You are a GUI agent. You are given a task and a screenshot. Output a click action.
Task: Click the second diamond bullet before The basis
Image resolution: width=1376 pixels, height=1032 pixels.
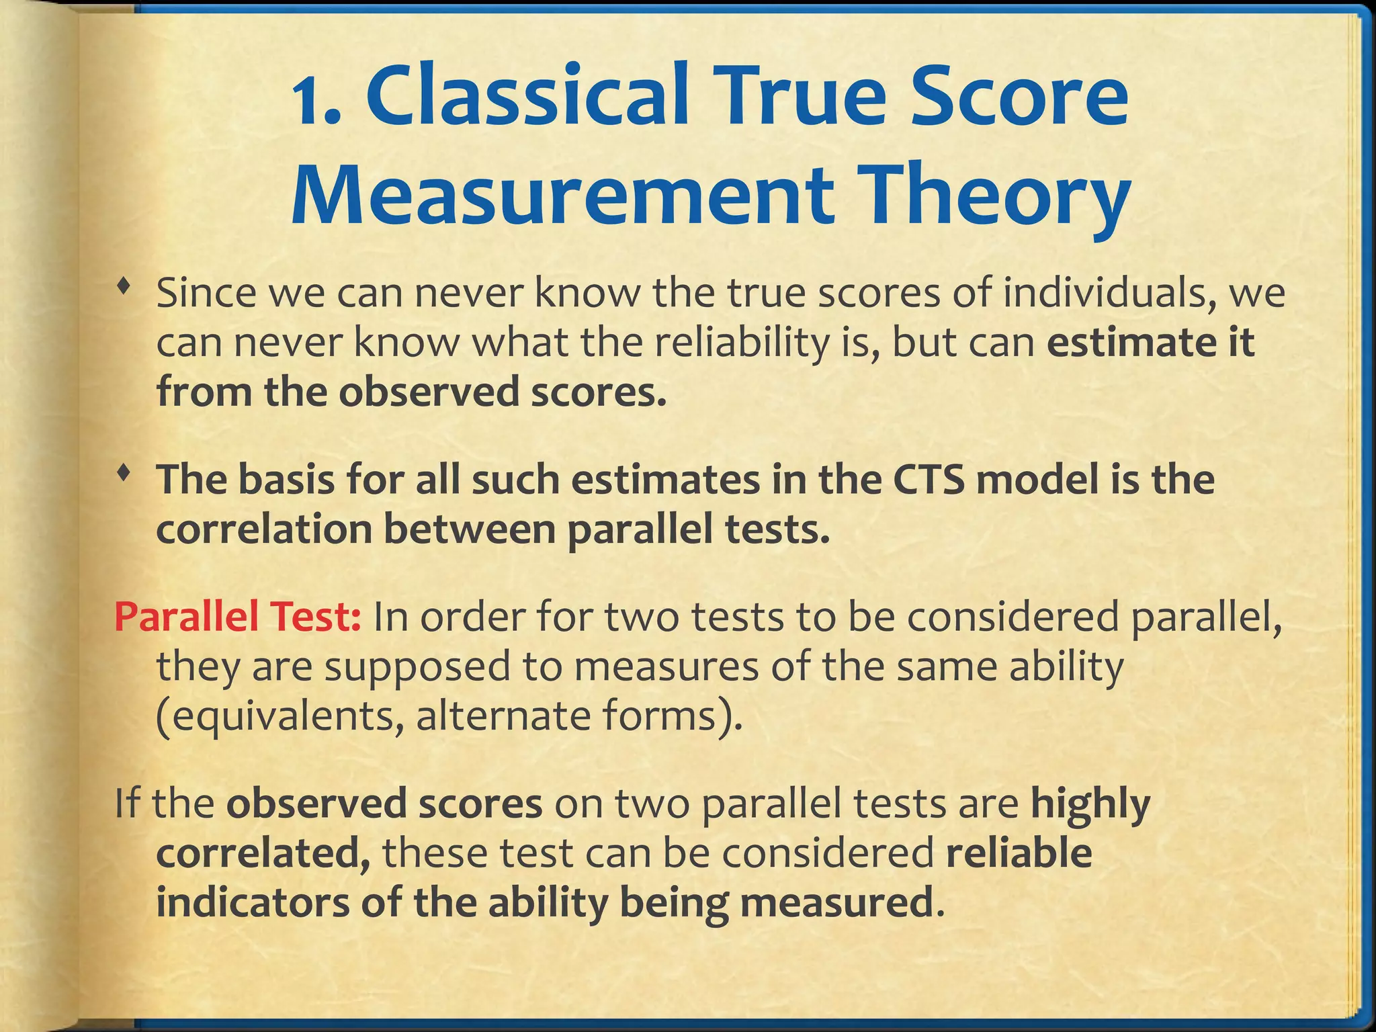click(122, 474)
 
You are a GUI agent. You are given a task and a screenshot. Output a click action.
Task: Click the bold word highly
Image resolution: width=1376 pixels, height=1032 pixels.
click(1090, 804)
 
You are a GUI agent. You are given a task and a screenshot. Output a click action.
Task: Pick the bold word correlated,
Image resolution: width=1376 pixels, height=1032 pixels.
click(263, 854)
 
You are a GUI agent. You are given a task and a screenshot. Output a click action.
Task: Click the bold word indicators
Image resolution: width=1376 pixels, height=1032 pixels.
click(253, 902)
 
